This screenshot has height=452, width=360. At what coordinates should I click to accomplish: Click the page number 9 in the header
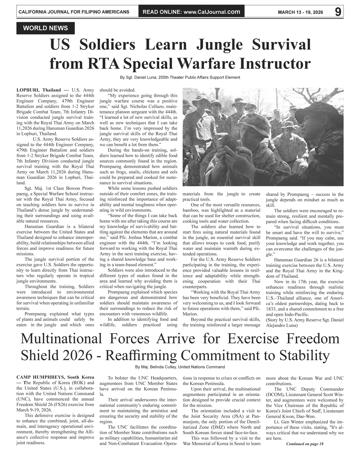pyautogui.click(x=338, y=12)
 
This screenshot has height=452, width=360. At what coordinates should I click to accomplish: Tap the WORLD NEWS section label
pyautogui.click(x=45, y=28)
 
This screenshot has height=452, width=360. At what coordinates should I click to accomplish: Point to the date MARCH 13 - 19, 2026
pyautogui.click(x=300, y=12)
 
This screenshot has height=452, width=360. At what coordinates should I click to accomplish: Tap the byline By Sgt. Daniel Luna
pyautogui.click(x=180, y=77)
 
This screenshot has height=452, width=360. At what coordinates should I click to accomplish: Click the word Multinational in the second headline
pyautogui.click(x=61, y=339)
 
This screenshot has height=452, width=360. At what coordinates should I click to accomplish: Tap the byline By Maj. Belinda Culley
pyautogui.click(x=180, y=367)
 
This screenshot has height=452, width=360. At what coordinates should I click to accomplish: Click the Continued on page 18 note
pyautogui.click(x=305, y=444)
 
